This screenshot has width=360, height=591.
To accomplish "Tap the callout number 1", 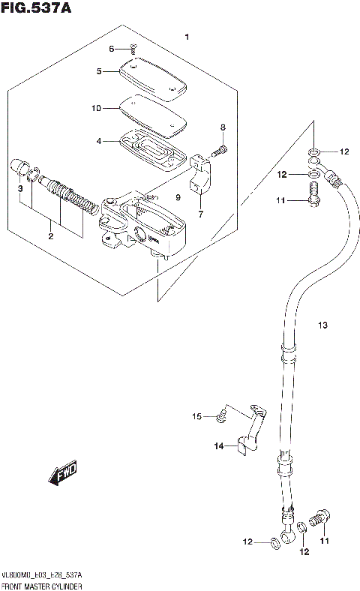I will click(187, 37).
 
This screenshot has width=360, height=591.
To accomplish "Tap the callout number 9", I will click(178, 197).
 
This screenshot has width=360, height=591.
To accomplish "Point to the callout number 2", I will click(51, 237).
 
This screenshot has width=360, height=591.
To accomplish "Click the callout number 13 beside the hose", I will click(322, 325).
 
